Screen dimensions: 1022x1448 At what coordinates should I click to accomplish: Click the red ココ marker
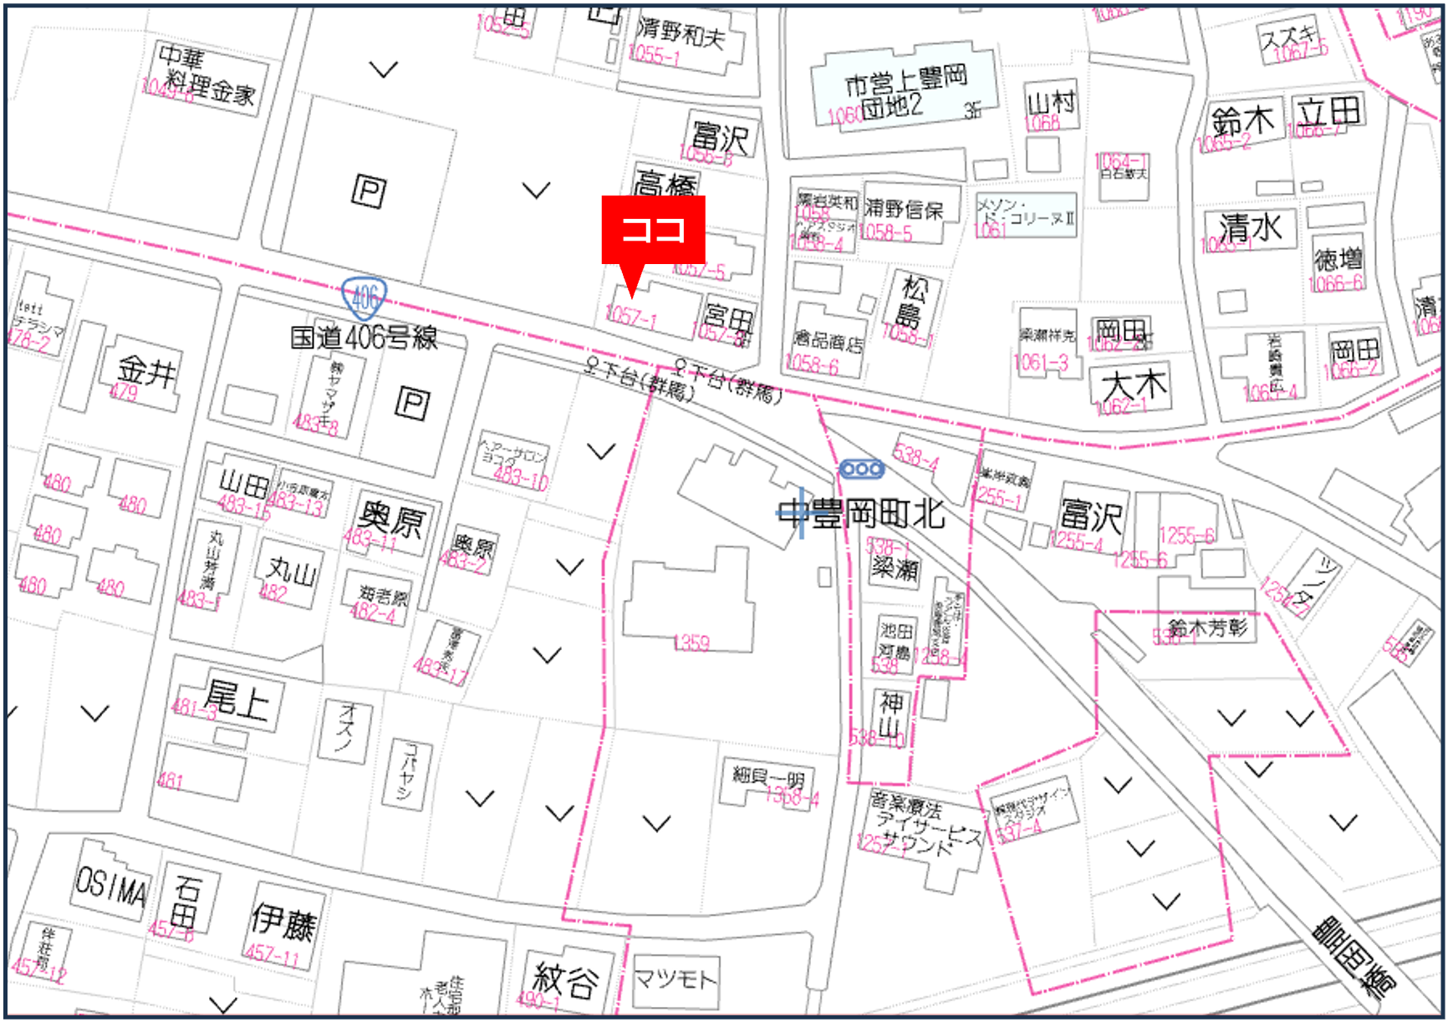point(653,231)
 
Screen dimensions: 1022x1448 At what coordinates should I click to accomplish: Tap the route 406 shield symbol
point(364,297)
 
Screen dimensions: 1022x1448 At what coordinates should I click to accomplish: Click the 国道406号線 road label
point(364,338)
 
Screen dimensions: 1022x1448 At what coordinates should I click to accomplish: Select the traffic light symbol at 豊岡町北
point(861,469)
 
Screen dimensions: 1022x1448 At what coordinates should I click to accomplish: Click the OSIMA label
point(111,887)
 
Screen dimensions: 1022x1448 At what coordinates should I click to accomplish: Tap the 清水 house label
point(1250,227)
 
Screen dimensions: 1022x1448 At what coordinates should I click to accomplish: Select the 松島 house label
point(912,302)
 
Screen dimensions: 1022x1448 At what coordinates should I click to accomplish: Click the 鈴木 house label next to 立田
point(1242,121)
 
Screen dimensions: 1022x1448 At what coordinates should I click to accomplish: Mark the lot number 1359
point(691,643)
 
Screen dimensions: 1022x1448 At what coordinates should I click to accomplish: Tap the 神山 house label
point(891,715)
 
